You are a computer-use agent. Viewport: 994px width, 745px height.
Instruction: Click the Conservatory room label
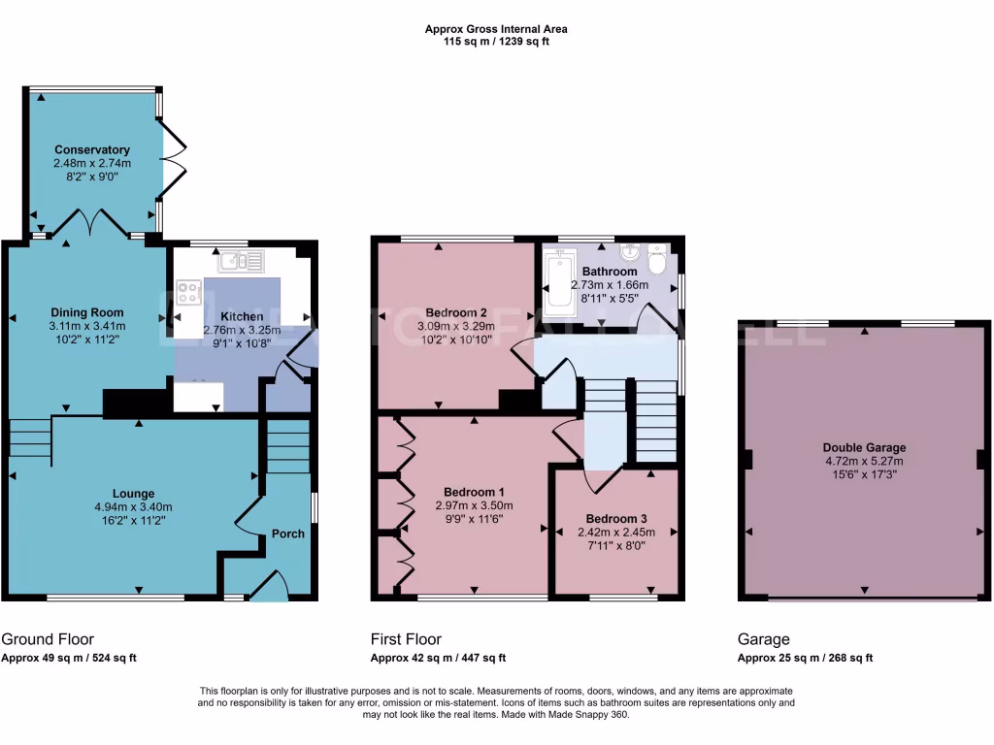click(x=92, y=149)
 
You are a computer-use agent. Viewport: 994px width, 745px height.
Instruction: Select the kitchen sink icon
click(x=241, y=260)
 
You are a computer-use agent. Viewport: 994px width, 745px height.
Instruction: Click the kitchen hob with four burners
click(x=189, y=293)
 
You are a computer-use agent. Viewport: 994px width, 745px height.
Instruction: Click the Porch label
click(x=288, y=534)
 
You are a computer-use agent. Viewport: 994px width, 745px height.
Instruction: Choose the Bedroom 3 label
click(x=617, y=519)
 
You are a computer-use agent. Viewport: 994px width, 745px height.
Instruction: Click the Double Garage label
click(x=864, y=447)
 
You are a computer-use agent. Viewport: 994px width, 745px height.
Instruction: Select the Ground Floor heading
click(x=48, y=639)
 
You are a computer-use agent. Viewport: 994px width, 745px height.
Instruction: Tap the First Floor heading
click(x=406, y=639)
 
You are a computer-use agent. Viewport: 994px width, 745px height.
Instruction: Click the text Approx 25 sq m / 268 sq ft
click(x=805, y=658)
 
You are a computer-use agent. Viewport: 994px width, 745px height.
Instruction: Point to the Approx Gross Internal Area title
click(x=496, y=29)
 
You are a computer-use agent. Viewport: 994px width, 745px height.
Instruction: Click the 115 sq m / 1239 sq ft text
click(x=496, y=42)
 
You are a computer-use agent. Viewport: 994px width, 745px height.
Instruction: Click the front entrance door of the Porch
click(x=269, y=585)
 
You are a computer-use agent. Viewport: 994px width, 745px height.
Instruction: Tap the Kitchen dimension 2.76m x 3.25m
click(x=241, y=330)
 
